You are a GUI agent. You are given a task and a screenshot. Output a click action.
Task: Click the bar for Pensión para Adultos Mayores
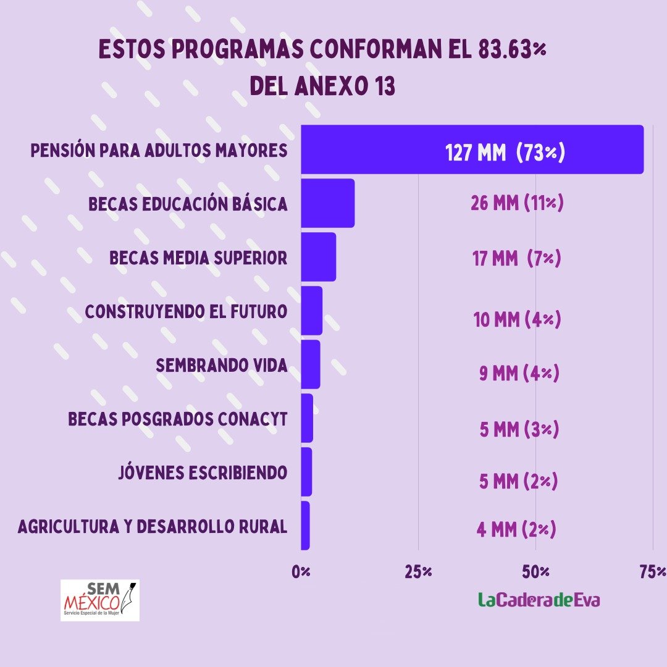pos(472,149)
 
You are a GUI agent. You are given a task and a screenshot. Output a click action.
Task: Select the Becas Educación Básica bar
pos(327,203)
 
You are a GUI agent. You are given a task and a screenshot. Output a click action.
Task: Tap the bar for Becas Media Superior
pos(319,257)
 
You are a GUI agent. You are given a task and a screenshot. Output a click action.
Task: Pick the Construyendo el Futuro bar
pos(312,311)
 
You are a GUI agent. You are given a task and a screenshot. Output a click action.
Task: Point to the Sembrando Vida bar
pos(311,364)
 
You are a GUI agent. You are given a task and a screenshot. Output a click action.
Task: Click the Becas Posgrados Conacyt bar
pos(307,418)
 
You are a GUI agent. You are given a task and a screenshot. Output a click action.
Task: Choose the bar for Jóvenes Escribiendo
pos(307,472)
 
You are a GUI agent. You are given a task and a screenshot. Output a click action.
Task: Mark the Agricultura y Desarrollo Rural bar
pos(306,526)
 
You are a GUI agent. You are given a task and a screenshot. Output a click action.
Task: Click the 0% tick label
pos(301,572)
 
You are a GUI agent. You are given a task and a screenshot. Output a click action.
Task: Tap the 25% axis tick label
pos(418,572)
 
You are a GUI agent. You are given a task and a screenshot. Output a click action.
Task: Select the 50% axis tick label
pos(535,572)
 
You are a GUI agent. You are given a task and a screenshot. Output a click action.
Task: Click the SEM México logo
pos(100,600)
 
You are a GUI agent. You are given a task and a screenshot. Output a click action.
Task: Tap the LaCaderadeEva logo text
pos(539,600)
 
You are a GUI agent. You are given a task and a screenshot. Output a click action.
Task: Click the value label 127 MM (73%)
pos(505,153)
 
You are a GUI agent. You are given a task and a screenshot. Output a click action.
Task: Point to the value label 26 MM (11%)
pos(517,203)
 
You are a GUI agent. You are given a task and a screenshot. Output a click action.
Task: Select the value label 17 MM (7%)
pos(516,258)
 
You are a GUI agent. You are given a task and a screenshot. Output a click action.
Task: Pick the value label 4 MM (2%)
pos(516,530)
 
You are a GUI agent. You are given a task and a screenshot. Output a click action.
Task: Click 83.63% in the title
pos(512,49)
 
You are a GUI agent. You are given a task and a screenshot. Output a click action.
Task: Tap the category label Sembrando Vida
pos(222,366)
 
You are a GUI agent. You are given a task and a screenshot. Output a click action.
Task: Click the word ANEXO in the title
pos(332,86)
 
